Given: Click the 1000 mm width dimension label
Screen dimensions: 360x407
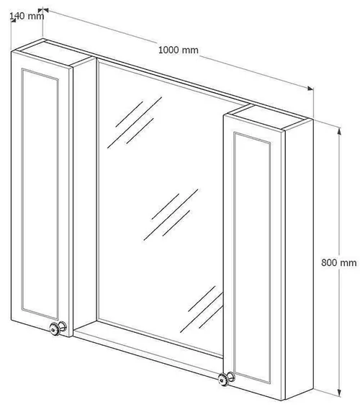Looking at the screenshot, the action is point(178,50).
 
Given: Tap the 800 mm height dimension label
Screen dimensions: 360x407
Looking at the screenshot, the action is point(338,263).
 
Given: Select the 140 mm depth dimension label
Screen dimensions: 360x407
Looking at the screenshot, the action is point(27,16).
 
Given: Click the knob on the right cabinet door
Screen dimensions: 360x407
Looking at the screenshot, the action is point(226,379).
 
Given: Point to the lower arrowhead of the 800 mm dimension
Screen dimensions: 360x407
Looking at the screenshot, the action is point(339,392).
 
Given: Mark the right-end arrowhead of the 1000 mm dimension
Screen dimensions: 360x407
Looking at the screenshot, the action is point(310,89).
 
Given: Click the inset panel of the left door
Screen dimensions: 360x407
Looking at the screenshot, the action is point(40,194).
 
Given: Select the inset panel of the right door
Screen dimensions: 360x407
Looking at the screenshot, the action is point(252,257).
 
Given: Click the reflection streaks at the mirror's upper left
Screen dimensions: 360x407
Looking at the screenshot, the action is point(135,122).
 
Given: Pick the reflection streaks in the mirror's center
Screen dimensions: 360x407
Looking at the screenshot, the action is point(171,215).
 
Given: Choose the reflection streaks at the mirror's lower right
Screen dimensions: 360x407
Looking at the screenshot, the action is point(202,309).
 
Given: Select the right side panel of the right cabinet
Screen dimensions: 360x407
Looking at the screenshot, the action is point(299,259).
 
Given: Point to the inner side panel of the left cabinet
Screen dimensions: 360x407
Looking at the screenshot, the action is point(85,194).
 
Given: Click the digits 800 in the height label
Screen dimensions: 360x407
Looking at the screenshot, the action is point(329,263).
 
